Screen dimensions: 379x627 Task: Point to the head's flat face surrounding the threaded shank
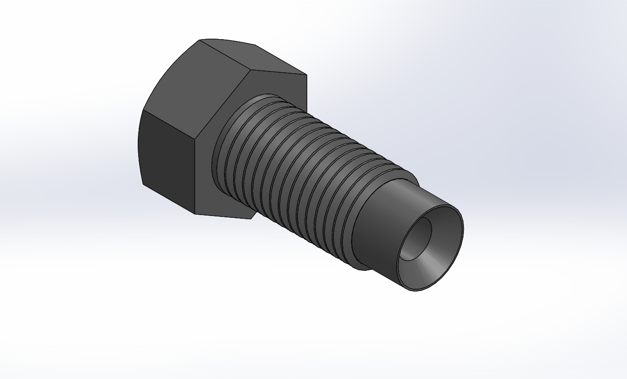pos(276,87)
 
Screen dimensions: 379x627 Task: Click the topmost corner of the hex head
pos(199,40)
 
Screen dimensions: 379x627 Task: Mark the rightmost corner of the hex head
pos(306,75)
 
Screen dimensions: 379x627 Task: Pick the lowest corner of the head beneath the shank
pos(251,219)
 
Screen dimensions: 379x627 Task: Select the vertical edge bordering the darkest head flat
pos(195,175)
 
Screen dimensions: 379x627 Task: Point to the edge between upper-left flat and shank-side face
pos(223,104)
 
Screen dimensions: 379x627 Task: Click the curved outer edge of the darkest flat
pos(139,147)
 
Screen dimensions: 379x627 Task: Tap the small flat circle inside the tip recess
pos(416,239)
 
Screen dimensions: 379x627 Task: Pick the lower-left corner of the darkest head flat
pos(144,184)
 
